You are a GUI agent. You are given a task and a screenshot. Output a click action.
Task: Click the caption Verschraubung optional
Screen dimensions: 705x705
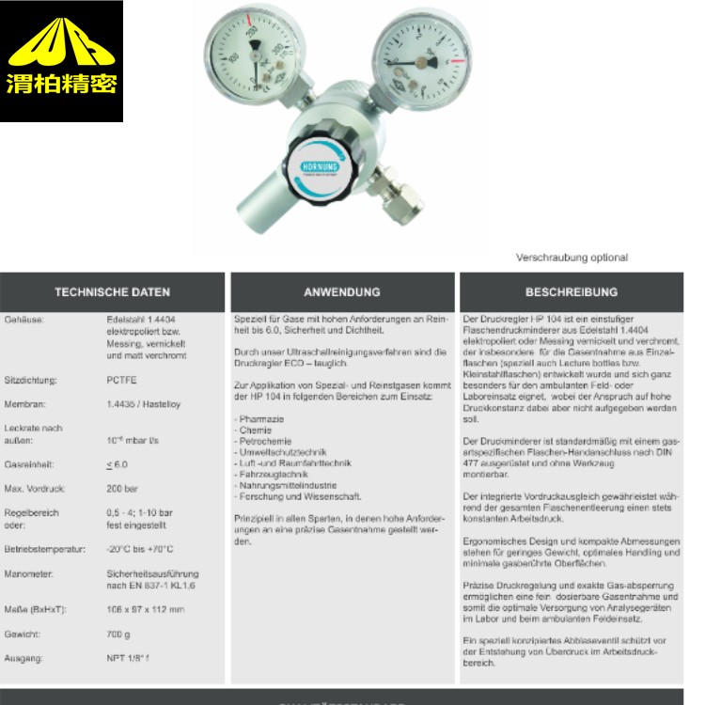click(571, 258)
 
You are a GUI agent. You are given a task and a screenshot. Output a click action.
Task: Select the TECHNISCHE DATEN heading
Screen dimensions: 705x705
click(112, 292)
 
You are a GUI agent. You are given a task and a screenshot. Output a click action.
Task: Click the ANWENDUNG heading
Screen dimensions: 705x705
click(342, 292)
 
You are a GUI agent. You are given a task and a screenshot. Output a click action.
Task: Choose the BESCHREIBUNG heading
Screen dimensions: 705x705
click(572, 292)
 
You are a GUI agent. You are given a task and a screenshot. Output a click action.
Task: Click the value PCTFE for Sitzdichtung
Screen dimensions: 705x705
click(122, 381)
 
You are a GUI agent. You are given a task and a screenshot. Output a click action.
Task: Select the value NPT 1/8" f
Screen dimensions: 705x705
click(129, 659)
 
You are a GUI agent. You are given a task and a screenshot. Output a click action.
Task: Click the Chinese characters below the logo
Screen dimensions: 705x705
click(61, 86)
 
